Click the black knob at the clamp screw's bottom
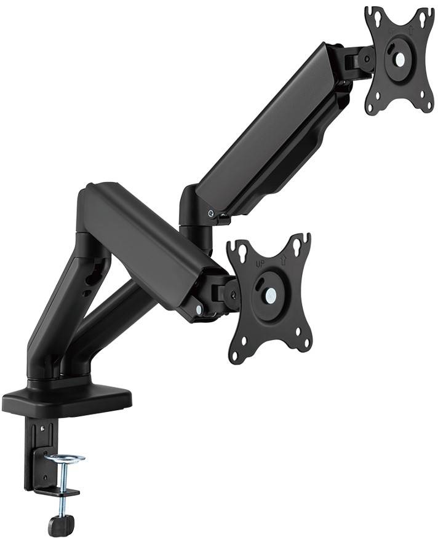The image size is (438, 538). coord(61,524)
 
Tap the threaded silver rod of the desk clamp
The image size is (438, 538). coord(61,497)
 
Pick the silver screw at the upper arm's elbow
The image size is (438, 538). coord(212,213)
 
